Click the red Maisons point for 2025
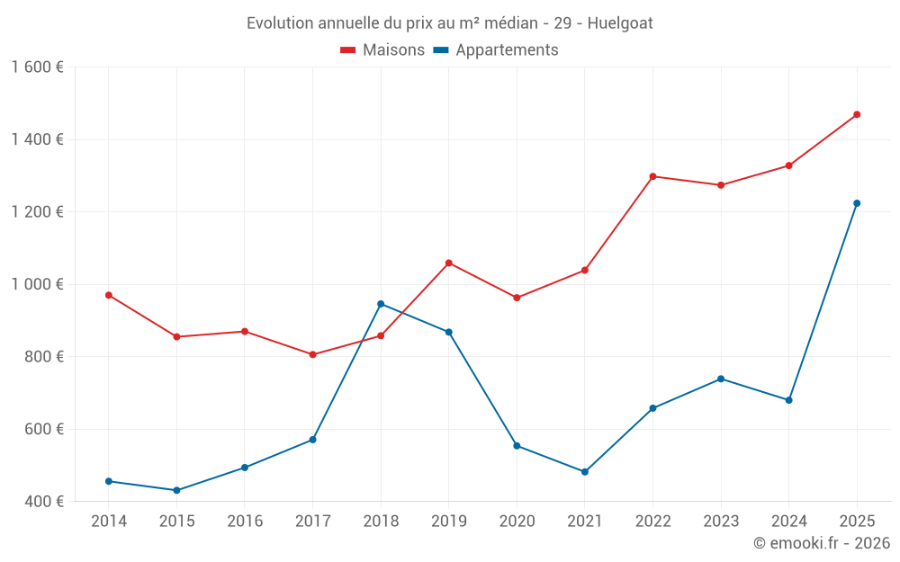(x=857, y=114)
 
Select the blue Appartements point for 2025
(x=857, y=203)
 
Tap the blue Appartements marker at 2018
(x=381, y=304)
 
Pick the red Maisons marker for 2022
(x=652, y=176)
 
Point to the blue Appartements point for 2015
(x=176, y=490)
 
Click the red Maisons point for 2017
(x=312, y=354)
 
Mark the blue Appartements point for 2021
(x=585, y=472)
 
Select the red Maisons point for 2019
(x=449, y=263)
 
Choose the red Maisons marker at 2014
(x=109, y=295)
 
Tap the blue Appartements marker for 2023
(x=721, y=379)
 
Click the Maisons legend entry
(x=382, y=50)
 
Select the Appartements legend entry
(x=496, y=50)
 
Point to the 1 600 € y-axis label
(x=38, y=67)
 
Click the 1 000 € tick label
(x=38, y=284)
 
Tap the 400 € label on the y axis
(x=43, y=502)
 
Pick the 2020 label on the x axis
(x=517, y=521)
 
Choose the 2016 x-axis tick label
(x=245, y=521)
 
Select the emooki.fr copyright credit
(x=822, y=542)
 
